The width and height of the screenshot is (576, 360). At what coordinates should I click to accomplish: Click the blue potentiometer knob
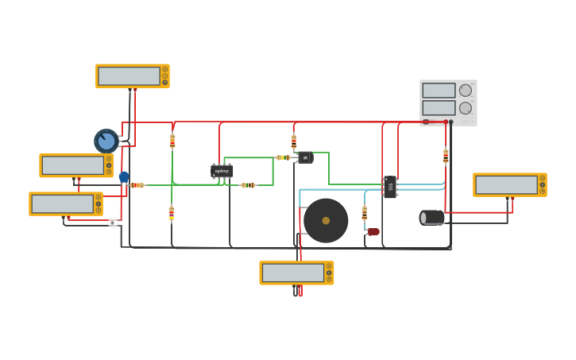tap(106, 141)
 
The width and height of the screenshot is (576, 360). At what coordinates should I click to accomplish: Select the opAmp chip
tap(222, 171)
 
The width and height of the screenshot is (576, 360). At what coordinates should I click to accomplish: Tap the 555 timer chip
tap(389, 187)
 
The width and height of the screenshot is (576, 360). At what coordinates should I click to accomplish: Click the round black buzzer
tap(326, 220)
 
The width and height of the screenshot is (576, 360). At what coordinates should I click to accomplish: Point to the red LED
tap(373, 232)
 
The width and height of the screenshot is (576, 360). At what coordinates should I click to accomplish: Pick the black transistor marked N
tap(305, 157)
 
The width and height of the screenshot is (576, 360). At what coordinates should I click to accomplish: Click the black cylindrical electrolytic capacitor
tap(432, 217)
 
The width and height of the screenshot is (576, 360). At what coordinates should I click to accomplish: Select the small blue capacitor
tap(124, 177)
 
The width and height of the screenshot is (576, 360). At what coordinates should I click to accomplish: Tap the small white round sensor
tap(113, 223)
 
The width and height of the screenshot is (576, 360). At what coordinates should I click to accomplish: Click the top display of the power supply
tap(439, 91)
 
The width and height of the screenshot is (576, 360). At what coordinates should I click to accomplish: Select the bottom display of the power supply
tap(439, 108)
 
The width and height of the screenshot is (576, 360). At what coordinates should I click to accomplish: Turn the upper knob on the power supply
tap(466, 91)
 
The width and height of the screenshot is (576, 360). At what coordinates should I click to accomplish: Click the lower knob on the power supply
tap(466, 108)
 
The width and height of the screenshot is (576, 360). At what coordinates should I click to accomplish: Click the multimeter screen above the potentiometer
tap(129, 75)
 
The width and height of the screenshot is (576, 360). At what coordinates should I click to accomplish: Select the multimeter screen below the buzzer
tap(292, 273)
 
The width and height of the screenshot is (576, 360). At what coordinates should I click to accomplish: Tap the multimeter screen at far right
tap(506, 184)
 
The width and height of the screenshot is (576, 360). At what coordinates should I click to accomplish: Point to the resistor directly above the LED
tap(365, 213)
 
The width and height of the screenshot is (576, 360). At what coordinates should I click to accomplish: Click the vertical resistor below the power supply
tap(446, 157)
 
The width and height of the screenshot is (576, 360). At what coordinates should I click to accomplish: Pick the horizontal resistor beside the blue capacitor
tap(137, 185)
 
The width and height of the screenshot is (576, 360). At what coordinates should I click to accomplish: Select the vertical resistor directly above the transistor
tap(294, 141)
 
